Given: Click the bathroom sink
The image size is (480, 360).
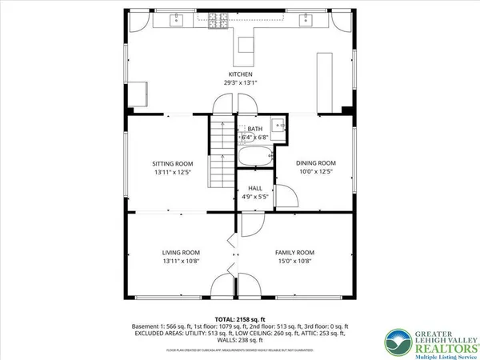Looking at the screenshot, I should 277,125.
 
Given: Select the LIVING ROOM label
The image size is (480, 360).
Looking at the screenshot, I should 181,252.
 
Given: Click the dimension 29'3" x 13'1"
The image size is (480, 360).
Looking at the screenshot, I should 240,82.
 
